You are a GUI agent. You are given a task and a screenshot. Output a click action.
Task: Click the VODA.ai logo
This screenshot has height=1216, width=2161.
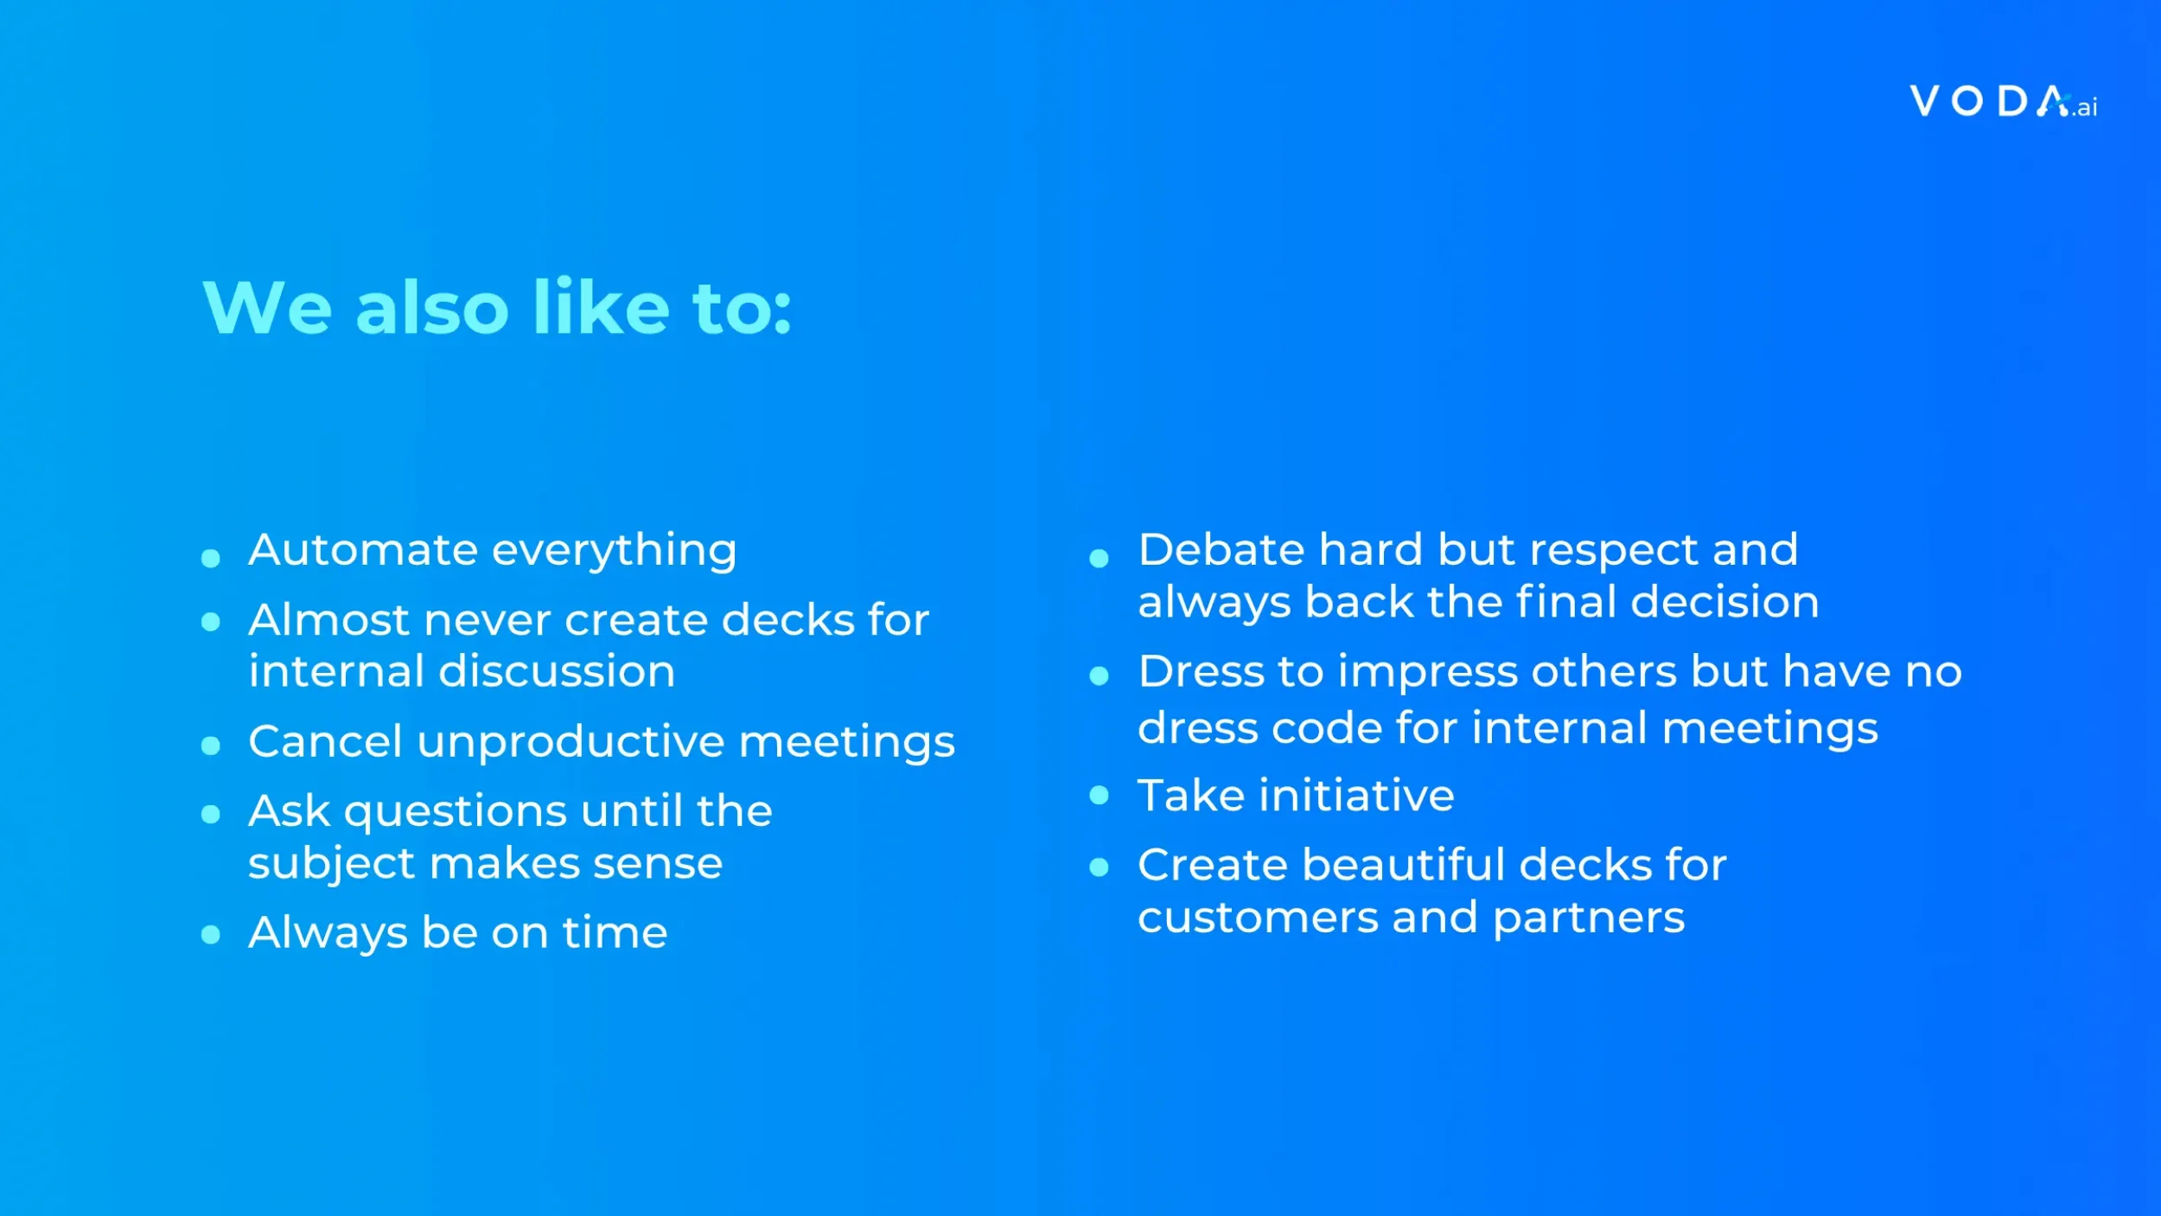point(2002,102)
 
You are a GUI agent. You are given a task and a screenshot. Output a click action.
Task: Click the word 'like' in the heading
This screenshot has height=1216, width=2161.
point(601,308)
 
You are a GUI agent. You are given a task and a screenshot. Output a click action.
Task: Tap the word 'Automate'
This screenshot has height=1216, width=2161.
point(363,550)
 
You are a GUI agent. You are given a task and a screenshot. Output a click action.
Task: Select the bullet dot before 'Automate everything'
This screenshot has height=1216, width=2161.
point(210,558)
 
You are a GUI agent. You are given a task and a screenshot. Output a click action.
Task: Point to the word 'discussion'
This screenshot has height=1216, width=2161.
point(557,672)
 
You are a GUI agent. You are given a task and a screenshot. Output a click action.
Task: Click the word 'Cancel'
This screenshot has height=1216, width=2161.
point(325,742)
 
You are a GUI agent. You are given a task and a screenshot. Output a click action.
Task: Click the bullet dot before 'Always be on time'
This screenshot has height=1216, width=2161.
point(210,934)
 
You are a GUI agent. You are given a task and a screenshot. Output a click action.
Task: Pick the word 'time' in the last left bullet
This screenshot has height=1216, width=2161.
point(615,933)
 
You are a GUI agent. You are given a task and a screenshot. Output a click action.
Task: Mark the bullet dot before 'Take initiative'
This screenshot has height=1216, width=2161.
point(1099,795)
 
